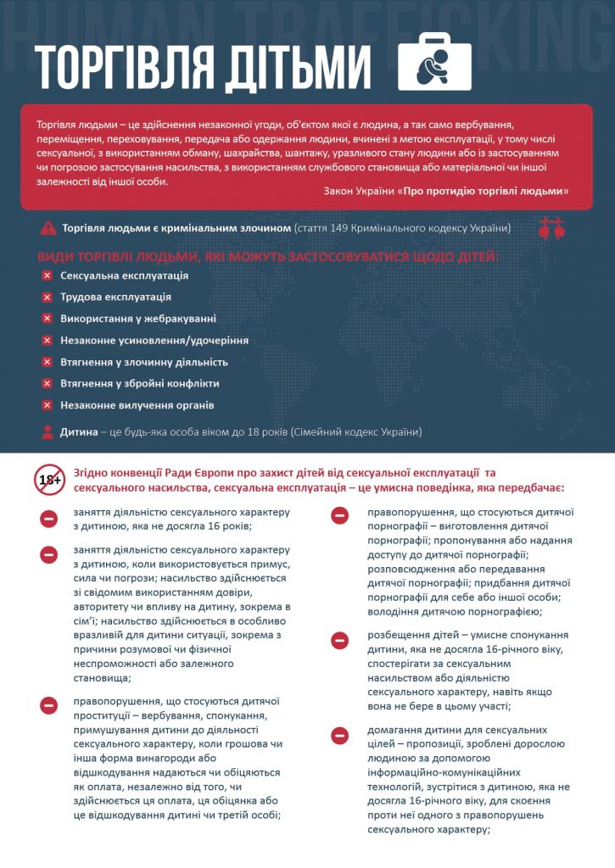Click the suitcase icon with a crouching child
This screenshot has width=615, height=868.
pyautogui.click(x=435, y=63)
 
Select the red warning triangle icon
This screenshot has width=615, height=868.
pyautogui.click(x=48, y=228)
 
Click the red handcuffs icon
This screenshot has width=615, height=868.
pyautogui.click(x=551, y=227)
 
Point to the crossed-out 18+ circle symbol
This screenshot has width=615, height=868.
pyautogui.click(x=49, y=480)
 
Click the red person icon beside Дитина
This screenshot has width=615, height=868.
pyautogui.click(x=48, y=431)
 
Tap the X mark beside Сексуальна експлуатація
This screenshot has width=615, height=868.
pyautogui.click(x=48, y=275)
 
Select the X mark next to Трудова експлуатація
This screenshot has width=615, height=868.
pyautogui.click(x=48, y=298)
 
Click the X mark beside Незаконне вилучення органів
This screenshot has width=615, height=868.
pyautogui.click(x=48, y=405)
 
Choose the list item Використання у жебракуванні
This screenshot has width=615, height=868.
pyautogui.click(x=138, y=319)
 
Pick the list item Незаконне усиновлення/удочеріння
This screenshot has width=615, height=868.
pyautogui.click(x=154, y=340)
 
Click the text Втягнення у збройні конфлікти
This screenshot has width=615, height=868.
pyautogui.click(x=140, y=383)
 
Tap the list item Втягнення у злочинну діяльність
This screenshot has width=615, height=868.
pyautogui.click(x=144, y=362)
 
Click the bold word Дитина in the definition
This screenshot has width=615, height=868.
pyautogui.click(x=78, y=431)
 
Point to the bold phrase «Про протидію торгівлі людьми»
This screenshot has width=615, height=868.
pyautogui.click(x=484, y=192)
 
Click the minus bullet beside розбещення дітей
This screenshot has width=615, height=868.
pyautogui.click(x=339, y=641)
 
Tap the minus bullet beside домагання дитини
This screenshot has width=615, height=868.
pyautogui.click(x=339, y=735)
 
